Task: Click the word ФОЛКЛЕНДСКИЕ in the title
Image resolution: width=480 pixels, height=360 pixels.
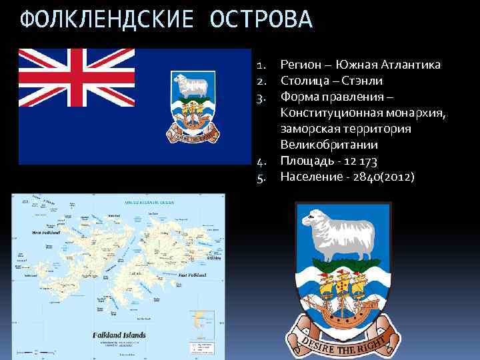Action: [x=107, y=21]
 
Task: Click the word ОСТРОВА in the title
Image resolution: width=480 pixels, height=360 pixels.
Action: [x=260, y=21]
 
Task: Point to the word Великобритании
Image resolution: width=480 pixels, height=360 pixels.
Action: [x=329, y=145]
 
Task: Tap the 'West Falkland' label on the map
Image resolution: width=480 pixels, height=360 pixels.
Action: [x=48, y=233]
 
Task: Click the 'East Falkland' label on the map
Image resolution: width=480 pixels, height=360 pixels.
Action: [x=193, y=275]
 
